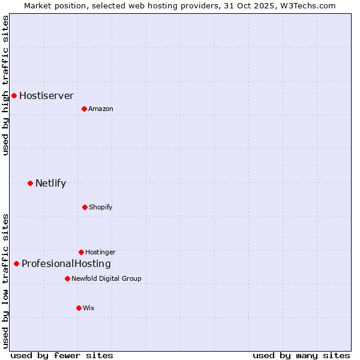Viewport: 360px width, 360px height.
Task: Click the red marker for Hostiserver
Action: [x=14, y=95]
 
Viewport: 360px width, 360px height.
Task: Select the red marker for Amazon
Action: [x=84, y=109]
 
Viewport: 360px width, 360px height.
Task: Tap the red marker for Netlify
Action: [x=30, y=183]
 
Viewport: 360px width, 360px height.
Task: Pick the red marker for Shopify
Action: [x=85, y=207]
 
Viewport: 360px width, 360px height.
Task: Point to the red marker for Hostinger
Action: [x=81, y=252]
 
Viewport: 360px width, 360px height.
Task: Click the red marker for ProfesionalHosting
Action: [x=16, y=263]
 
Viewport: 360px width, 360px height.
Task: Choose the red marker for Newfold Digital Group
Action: [x=67, y=278]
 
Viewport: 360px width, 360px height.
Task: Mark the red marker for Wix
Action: [x=79, y=308]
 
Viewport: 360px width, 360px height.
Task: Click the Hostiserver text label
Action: [x=46, y=95]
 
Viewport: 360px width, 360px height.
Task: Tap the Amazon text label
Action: [x=100, y=109]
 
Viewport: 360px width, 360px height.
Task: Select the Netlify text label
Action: [x=50, y=183]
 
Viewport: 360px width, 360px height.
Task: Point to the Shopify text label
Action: [x=100, y=207]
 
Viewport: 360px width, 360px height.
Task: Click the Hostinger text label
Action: [x=100, y=252]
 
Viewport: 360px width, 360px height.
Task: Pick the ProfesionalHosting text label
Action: [x=66, y=263]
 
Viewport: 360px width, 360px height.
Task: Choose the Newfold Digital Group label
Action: [x=106, y=278]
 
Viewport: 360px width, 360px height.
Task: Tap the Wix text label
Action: [x=88, y=308]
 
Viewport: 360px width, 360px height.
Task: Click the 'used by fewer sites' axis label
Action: [x=61, y=355]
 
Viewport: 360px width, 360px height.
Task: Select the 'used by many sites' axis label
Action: [x=301, y=355]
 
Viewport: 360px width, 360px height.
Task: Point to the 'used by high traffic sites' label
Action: [x=5, y=85]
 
